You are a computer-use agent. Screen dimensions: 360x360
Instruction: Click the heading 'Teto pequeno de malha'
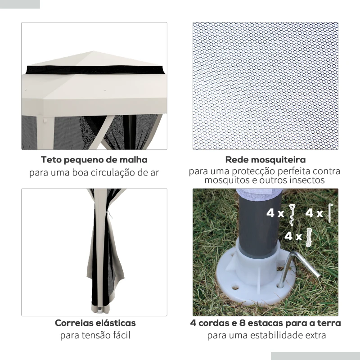point(94,160)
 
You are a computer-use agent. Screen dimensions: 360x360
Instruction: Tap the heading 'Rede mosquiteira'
point(265,160)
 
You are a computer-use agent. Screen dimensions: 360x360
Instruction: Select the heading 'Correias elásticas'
point(95,323)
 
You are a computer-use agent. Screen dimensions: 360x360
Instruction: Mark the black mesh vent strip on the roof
point(94,70)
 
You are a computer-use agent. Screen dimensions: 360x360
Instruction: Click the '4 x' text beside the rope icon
point(293,236)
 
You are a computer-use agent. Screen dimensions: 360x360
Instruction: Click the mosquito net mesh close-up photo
point(265,85)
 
